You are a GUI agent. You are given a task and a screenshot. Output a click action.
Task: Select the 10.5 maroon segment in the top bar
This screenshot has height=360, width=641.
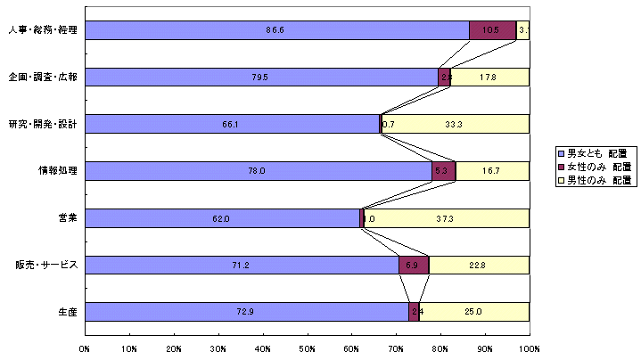point(492,30)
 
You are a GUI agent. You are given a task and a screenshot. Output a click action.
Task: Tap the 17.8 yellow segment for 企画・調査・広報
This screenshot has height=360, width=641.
point(489,77)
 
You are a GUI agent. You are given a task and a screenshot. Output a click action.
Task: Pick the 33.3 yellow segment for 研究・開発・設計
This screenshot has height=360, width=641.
point(455,124)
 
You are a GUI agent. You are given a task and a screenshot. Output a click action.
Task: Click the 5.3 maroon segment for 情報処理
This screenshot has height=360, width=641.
point(443,170)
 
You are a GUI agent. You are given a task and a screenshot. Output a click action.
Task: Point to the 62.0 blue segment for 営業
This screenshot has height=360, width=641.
point(223,217)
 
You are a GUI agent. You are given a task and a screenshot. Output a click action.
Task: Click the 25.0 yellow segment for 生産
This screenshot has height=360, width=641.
point(473,311)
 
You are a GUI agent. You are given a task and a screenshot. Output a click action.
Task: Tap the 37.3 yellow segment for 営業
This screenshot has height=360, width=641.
point(447,217)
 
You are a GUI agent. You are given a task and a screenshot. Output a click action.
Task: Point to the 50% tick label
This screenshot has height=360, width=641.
point(308,348)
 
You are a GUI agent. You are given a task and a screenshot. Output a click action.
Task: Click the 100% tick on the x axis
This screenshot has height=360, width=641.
point(528,348)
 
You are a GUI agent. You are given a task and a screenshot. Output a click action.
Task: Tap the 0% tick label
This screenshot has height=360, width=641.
point(86,348)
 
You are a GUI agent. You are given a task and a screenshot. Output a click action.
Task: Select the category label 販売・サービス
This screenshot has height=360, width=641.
point(47,265)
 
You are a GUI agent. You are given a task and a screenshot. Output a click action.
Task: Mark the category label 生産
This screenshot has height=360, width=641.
point(67,311)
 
